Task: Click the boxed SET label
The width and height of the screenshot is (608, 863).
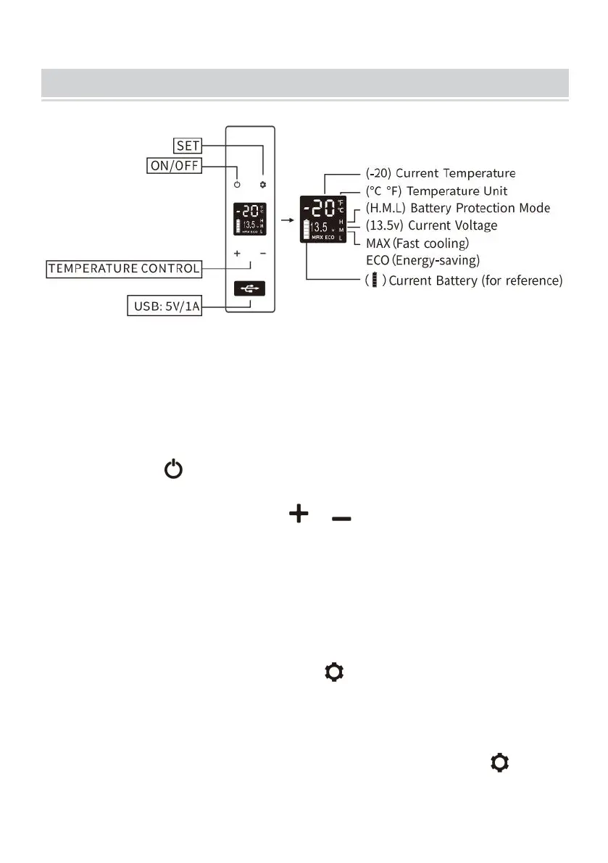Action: click(x=188, y=145)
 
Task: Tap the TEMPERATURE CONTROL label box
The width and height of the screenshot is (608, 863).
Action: click(x=124, y=268)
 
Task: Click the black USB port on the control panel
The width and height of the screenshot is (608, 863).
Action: click(x=250, y=288)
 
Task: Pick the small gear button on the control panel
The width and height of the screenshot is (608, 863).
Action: click(x=263, y=185)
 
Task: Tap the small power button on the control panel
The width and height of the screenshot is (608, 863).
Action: click(x=237, y=185)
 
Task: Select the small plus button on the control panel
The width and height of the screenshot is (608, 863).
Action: click(x=237, y=254)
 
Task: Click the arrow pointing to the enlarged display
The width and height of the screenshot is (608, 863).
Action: click(x=287, y=217)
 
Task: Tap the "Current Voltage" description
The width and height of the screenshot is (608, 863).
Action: click(x=455, y=225)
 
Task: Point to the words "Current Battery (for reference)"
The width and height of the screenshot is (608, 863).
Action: click(x=475, y=280)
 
